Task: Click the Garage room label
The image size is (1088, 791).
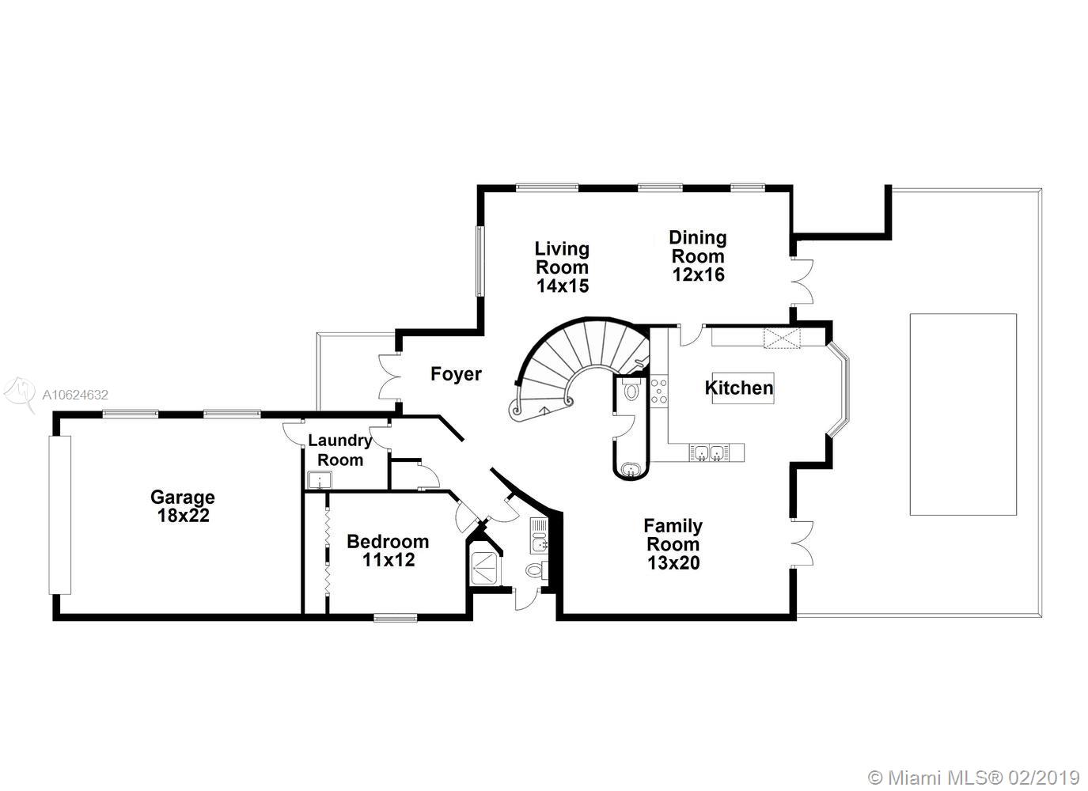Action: pyautogui.click(x=183, y=497)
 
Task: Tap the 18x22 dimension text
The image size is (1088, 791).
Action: pyautogui.click(x=183, y=515)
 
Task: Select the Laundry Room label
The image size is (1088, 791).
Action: pyautogui.click(x=340, y=449)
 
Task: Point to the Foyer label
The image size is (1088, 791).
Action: pyautogui.click(x=456, y=374)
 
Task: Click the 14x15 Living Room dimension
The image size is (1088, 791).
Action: pyautogui.click(x=563, y=286)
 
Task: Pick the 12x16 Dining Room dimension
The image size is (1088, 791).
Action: pyautogui.click(x=698, y=274)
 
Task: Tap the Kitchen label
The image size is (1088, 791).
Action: pyautogui.click(x=739, y=388)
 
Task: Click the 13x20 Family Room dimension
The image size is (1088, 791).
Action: pyautogui.click(x=673, y=562)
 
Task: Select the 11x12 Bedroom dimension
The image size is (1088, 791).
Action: pyautogui.click(x=389, y=559)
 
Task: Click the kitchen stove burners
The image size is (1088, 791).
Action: pyautogui.click(x=659, y=391)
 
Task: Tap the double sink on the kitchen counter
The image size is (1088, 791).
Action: pyautogui.click(x=709, y=452)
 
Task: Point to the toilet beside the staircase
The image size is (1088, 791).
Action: pyautogui.click(x=631, y=390)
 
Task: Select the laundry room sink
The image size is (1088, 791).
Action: pyautogui.click(x=320, y=480)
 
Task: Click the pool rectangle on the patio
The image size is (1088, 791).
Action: pyautogui.click(x=963, y=414)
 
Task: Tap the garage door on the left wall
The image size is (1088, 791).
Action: pyautogui.click(x=60, y=515)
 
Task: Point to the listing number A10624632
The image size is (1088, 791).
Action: pyautogui.click(x=75, y=395)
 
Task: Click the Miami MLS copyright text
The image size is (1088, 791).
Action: pyautogui.click(x=973, y=778)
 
